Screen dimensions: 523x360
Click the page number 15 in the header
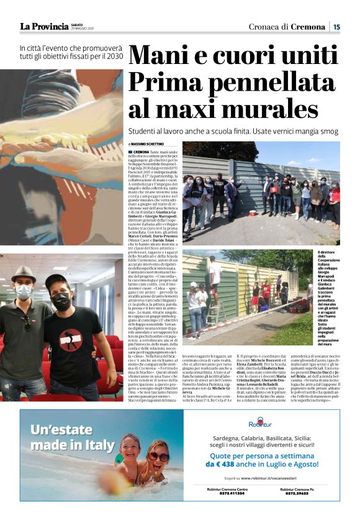coord(336,26)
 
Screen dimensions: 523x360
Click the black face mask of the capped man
coord(60,303)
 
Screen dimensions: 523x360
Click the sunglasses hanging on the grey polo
coord(25,322)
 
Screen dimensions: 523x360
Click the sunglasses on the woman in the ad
coord(158,457)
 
